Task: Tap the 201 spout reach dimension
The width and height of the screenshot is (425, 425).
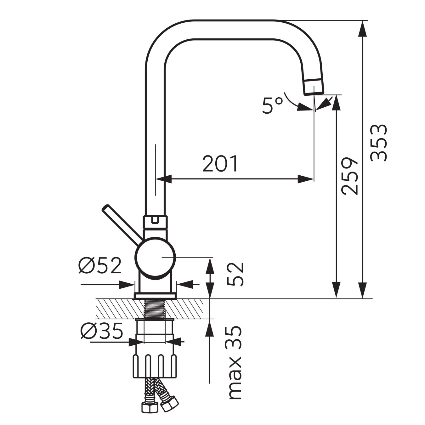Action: pyautogui.click(x=220, y=164)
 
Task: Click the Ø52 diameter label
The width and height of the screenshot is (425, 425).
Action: pyautogui.click(x=100, y=266)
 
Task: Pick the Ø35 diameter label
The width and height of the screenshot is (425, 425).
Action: pyautogui.click(x=101, y=331)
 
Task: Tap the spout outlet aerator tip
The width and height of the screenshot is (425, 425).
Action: pyautogui.click(x=314, y=87)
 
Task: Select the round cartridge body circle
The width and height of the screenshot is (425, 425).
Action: pyautogui.click(x=155, y=258)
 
